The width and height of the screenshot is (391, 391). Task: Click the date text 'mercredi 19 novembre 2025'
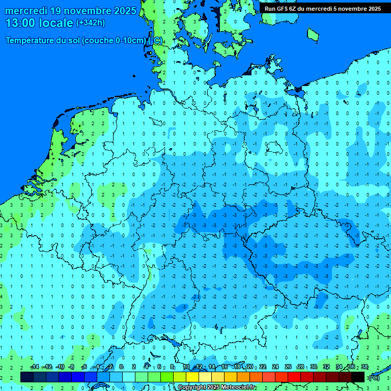coord(71,11)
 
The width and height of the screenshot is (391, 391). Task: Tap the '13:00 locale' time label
coord(39,23)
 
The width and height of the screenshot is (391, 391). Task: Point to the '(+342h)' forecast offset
coord(90,23)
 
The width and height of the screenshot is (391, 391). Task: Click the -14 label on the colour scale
coord(34,367)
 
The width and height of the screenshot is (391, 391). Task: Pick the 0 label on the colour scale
coord(121,367)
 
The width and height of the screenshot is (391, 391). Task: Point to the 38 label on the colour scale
coord(365,367)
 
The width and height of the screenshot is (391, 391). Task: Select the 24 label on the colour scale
coord(275,367)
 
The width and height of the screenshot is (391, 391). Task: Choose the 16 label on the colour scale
coord(225,367)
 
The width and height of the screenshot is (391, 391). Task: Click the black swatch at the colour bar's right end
coord(358,377)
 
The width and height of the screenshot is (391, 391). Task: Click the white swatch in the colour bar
coord(129,377)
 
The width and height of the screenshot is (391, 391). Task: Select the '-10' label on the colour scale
coord(60,367)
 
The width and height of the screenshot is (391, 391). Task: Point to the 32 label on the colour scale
coord(326,367)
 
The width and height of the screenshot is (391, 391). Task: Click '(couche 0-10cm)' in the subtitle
coord(116,41)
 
